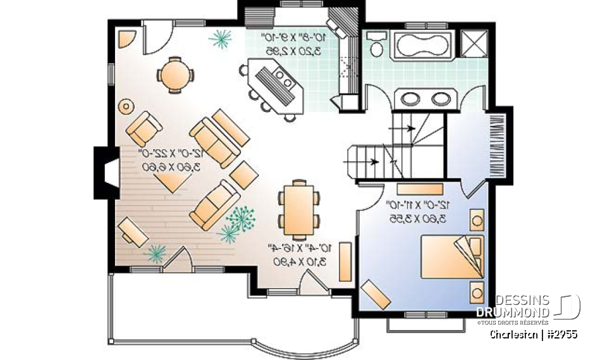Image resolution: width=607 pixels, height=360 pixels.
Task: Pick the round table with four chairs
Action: click(173, 75)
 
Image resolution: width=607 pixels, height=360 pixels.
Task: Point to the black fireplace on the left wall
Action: click(103, 171)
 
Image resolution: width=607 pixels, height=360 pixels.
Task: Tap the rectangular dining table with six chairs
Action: click(297, 208)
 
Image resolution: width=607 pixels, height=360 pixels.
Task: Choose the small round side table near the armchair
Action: click(126, 106)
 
